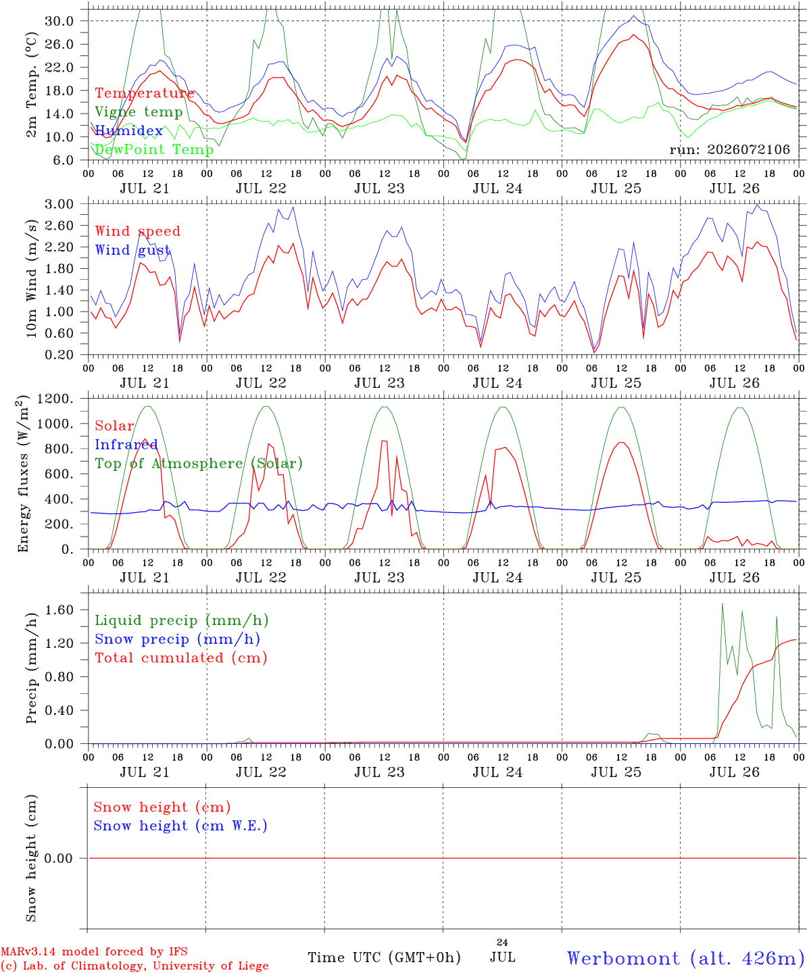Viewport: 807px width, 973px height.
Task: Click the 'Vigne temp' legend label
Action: pos(139,112)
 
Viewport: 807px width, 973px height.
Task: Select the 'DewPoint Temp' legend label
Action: pos(154,149)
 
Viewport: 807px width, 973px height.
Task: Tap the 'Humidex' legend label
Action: pos(128,130)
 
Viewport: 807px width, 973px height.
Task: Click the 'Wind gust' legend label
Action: pos(133,250)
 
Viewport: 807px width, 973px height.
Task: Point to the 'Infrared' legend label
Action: pos(126,445)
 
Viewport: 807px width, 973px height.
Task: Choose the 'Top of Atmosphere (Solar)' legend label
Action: pos(199,464)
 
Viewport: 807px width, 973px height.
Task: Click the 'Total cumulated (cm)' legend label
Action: pos(181,658)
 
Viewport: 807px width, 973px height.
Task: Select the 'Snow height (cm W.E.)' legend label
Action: pos(180,826)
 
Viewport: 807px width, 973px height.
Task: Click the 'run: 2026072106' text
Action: pos(730,149)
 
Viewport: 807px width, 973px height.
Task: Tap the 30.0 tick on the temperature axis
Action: pos(59,21)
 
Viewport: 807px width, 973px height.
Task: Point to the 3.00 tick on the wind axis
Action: pos(59,204)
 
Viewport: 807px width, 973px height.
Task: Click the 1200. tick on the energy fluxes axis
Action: pos(55,399)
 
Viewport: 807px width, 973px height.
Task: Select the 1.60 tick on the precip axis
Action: pos(59,610)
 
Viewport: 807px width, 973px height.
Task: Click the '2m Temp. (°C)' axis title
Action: pos(31,85)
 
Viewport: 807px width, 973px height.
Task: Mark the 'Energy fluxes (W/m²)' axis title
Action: pos(23,474)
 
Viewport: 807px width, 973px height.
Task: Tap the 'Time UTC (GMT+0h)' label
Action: pos(385,957)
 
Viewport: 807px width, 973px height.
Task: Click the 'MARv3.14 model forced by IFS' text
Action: pos(94,951)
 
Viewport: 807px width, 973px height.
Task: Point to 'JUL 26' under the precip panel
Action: pos(734,772)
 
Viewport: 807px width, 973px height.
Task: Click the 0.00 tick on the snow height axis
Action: pos(59,858)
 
